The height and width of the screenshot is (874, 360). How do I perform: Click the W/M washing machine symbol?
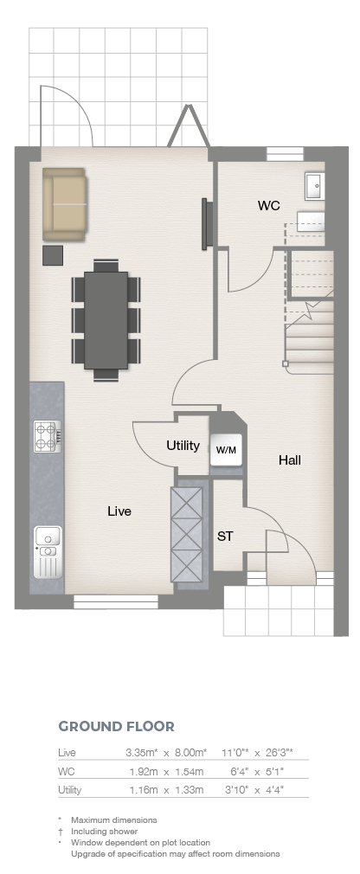(226, 450)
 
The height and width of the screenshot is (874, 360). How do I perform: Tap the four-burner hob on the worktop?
(48, 436)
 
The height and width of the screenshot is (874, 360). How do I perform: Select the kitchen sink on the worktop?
(48, 552)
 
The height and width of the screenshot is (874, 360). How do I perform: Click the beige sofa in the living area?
(64, 204)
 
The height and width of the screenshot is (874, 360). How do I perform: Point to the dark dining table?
(106, 320)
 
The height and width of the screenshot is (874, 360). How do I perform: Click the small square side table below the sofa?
(53, 254)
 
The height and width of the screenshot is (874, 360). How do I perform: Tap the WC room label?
(268, 206)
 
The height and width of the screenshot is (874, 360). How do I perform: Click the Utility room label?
(183, 446)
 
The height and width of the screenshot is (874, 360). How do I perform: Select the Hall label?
(290, 459)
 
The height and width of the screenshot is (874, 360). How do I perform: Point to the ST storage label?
(225, 537)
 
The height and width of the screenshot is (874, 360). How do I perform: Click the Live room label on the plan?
(119, 511)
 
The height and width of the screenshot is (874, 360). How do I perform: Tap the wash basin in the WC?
(314, 186)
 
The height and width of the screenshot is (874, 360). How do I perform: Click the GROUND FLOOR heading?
(117, 726)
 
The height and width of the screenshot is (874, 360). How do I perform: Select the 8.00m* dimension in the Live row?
(190, 753)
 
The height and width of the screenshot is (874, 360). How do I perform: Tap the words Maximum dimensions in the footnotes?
(113, 820)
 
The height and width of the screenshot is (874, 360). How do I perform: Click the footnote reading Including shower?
(104, 831)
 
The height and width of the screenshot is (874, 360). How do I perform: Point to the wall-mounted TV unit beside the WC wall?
(206, 223)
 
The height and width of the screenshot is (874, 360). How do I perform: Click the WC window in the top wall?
(285, 154)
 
